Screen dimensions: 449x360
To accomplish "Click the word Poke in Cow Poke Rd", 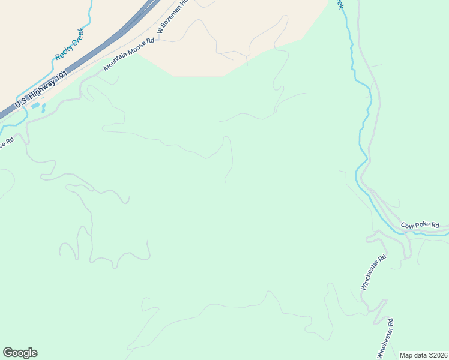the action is coord(423,226).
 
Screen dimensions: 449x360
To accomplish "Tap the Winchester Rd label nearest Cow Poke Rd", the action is coord(373,272).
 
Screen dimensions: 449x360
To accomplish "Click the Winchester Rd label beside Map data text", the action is coord(385,338).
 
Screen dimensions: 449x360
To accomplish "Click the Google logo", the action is coord(20,353).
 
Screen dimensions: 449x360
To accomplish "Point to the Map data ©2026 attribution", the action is coord(423,355).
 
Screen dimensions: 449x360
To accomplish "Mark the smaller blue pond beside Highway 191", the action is coord(43,109).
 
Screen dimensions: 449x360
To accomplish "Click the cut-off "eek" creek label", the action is coord(340,4).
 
